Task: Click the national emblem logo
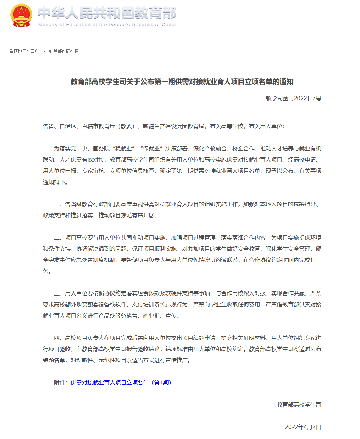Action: click(21, 16)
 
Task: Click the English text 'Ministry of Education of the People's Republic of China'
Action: click(107, 25)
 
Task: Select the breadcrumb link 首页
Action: click(34, 51)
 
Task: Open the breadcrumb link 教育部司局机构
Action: click(64, 51)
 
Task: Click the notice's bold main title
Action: click(182, 82)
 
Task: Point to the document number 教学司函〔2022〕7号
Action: click(293, 99)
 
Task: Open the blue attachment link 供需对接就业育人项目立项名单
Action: click(121, 383)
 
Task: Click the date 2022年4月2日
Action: click(303, 427)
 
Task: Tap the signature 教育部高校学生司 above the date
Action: click(299, 405)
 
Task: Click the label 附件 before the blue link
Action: click(60, 383)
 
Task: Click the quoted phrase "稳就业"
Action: click(123, 149)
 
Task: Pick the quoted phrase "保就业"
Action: click(151, 149)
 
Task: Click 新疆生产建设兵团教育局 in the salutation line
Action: click(173, 126)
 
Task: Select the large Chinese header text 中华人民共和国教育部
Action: click(107, 13)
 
